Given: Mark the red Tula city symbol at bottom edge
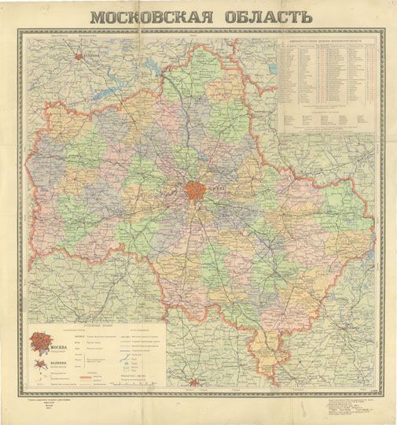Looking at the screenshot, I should [194, 384].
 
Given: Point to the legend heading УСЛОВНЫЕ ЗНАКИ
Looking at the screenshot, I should [102, 324].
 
